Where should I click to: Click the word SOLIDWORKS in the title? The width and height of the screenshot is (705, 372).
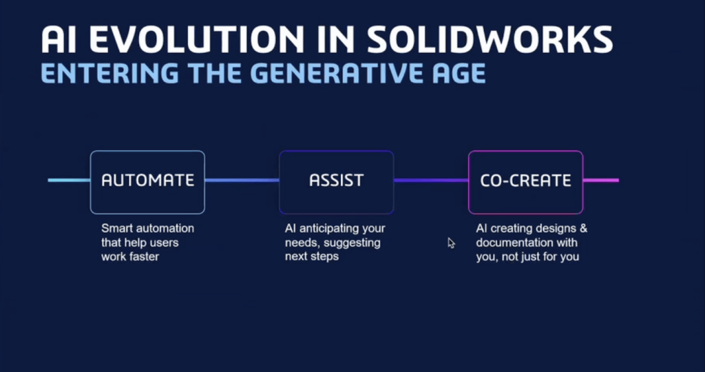tap(490, 39)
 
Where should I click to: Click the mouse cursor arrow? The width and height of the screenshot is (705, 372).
tap(451, 243)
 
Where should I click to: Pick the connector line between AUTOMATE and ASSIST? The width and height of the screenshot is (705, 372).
tap(242, 180)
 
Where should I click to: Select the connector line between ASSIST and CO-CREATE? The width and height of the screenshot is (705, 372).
tap(431, 180)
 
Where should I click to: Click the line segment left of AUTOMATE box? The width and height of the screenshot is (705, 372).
tap(69, 180)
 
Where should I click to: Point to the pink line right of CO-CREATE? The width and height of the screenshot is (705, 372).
tap(601, 180)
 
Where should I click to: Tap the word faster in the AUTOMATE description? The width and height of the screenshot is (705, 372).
tap(144, 257)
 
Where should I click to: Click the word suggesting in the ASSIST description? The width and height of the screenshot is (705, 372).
tap(358, 243)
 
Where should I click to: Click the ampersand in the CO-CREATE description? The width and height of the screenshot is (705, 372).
tap(583, 229)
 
